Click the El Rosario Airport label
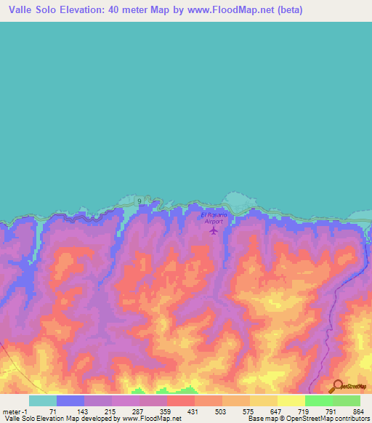[214, 217]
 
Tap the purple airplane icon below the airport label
[214, 230]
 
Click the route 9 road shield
[137, 201]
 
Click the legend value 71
[52, 411]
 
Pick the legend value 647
[276, 411]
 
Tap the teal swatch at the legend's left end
[43, 400]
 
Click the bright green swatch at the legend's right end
[347, 400]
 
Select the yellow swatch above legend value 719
[291, 400]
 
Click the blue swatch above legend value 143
[70, 400]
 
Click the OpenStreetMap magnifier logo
[336, 387]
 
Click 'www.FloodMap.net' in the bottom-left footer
[152, 419]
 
